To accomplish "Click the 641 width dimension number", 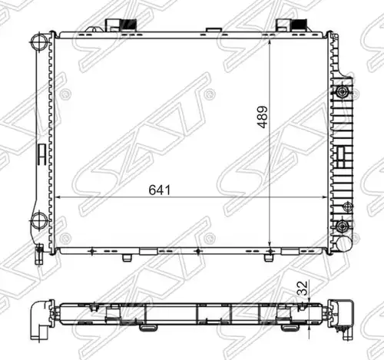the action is (x=160, y=190).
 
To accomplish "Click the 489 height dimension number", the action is (x=263, y=117).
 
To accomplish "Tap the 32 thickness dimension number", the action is (x=303, y=288).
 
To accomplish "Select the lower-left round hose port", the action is (x=39, y=221).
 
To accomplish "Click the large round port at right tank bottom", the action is (x=344, y=243).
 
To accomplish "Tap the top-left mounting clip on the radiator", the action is (x=121, y=25).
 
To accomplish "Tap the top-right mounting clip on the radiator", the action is (x=292, y=25).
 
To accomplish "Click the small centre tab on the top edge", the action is (x=214, y=30).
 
